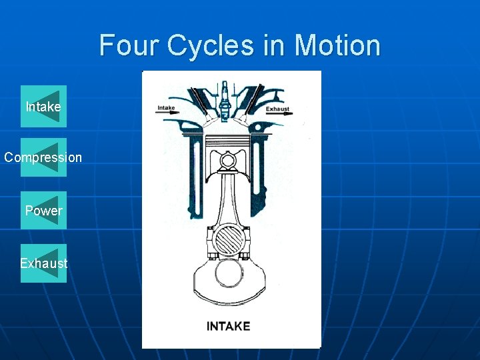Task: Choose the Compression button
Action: click(x=43, y=158)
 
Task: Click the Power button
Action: click(x=43, y=211)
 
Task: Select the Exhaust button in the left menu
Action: click(x=43, y=263)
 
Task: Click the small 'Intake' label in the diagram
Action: click(x=166, y=107)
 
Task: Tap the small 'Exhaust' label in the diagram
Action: click(x=277, y=109)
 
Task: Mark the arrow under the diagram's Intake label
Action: click(x=167, y=114)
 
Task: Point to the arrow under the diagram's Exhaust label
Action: click(x=279, y=114)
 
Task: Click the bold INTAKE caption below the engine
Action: click(x=228, y=326)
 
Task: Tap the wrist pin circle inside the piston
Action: click(x=228, y=161)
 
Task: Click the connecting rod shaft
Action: click(x=228, y=200)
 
